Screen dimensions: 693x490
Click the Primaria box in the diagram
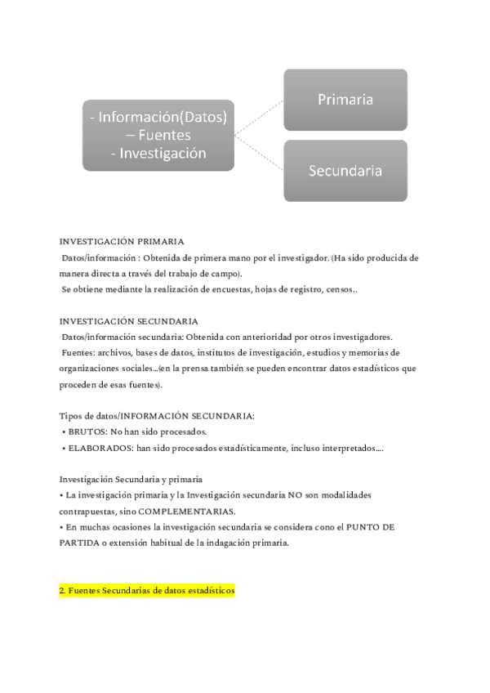pos(345,100)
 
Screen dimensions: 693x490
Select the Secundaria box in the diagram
pos(345,171)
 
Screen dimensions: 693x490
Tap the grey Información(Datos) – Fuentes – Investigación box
pos(158,135)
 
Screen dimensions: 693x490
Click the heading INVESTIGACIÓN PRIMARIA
pos(122,241)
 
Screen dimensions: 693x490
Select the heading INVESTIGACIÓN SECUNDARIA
pos(128,321)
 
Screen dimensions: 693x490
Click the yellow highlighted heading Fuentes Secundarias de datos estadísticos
pos(147,589)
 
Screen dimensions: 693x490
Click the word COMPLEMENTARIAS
pos(189,512)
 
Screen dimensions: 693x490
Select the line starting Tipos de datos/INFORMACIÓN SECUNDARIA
pos(157,416)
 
